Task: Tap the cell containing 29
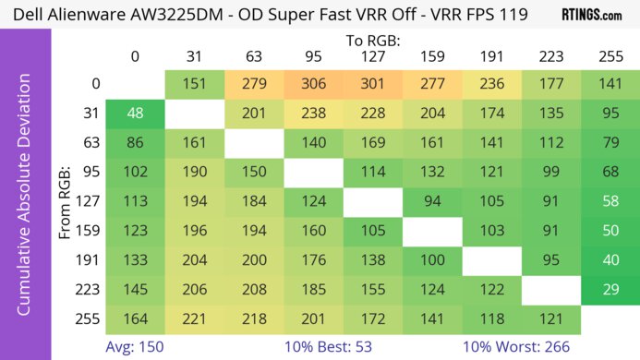[610, 290]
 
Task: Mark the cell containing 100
[433, 261]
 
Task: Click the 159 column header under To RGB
[433, 56]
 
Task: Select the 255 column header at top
[610, 56]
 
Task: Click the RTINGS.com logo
[592, 15]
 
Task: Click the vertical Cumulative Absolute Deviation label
[25, 203]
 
